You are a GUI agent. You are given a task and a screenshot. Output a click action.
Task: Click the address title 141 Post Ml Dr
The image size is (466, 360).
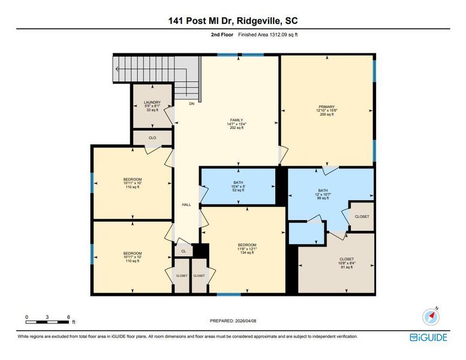click(233, 21)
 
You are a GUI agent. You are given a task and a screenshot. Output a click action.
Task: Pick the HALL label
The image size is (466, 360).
click(186, 205)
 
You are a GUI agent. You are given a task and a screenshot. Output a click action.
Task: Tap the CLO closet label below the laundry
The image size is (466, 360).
click(152, 138)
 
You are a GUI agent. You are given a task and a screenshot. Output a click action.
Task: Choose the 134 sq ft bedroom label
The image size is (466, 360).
click(247, 248)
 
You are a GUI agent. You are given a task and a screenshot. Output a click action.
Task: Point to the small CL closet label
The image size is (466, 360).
click(184, 251)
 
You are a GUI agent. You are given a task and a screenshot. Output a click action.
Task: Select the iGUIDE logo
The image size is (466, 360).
click(428, 338)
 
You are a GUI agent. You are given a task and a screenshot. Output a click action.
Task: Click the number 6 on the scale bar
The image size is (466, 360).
click(69, 317)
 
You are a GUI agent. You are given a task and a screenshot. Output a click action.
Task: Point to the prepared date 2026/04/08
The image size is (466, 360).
click(233, 321)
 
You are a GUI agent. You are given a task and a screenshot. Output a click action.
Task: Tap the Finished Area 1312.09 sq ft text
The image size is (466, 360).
click(268, 35)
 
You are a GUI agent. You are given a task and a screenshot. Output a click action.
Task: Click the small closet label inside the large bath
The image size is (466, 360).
click(362, 217)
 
